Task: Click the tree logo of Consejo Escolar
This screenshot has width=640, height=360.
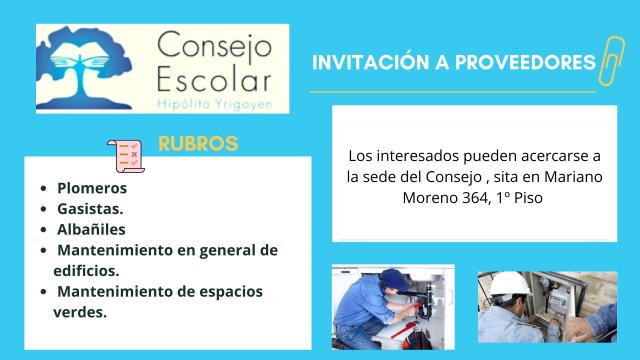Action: [84, 68]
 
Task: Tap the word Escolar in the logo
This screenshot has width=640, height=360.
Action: [214, 79]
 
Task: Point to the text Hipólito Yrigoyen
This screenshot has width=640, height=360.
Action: [214, 104]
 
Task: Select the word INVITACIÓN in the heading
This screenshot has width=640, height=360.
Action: [371, 62]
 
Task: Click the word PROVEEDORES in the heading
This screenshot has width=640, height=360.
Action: [525, 62]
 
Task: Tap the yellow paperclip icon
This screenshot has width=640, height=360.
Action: [611, 61]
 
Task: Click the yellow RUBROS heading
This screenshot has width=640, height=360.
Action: [198, 143]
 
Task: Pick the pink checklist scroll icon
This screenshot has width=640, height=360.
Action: [126, 156]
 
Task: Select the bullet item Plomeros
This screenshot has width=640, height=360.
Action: [92, 188]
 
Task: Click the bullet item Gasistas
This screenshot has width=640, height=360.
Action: [90, 209]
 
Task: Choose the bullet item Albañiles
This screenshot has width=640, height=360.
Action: [91, 229]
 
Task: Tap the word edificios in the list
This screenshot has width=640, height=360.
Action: [86, 271]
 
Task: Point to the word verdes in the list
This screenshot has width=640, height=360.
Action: [80, 312]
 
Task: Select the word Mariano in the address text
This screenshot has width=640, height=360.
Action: [573, 177]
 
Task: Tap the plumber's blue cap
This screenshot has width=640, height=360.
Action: [394, 280]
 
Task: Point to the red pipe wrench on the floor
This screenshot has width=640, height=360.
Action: [403, 331]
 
